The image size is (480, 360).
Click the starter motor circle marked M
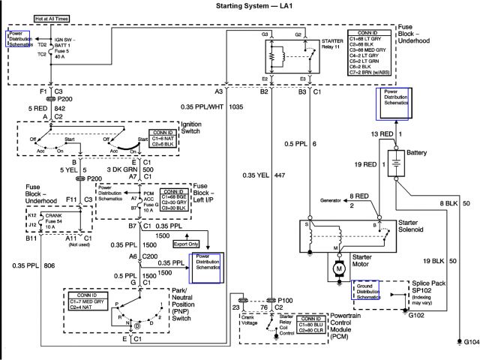(339, 267)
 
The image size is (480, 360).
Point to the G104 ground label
(470, 341)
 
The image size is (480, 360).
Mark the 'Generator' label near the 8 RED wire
(334, 201)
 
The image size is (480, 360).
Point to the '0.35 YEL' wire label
(255, 175)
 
